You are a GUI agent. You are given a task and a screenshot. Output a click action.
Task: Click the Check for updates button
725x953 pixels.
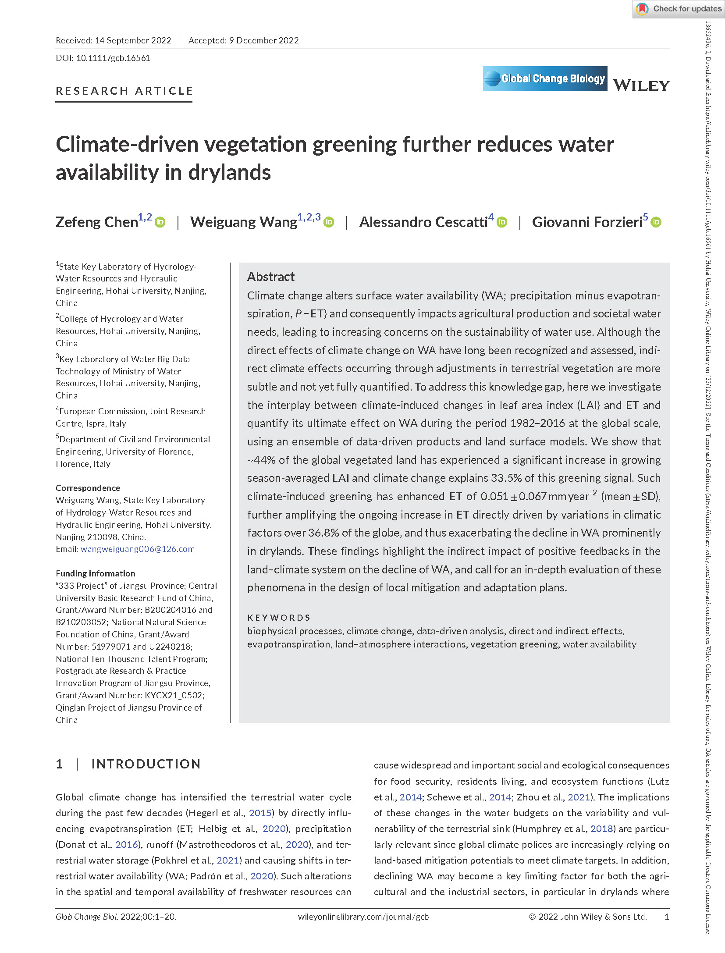(x=679, y=9)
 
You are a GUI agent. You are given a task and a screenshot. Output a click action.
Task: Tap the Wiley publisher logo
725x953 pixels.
(x=641, y=85)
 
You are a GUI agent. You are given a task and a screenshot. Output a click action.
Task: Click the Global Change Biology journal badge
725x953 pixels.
(x=545, y=78)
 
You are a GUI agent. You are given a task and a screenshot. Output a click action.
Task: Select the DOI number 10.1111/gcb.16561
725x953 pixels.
(x=113, y=58)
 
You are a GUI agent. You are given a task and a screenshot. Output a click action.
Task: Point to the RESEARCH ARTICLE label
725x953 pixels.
(x=124, y=91)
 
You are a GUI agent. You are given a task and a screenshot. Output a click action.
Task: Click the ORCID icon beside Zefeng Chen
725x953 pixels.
(x=160, y=222)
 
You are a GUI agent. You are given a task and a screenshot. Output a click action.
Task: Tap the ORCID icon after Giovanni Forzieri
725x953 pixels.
(x=656, y=222)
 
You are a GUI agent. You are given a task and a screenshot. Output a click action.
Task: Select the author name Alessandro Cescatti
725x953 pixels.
(x=423, y=222)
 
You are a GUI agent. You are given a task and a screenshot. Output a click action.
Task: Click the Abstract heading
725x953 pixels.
(x=271, y=277)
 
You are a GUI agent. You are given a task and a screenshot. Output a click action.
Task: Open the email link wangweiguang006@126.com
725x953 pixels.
(x=138, y=549)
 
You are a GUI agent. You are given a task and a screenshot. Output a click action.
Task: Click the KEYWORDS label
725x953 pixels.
(x=279, y=618)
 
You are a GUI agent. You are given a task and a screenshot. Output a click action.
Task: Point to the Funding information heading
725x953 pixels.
(x=96, y=573)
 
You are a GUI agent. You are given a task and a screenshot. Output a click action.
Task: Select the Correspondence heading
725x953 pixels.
(x=88, y=488)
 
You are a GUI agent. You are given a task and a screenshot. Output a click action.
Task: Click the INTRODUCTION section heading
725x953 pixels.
(x=146, y=764)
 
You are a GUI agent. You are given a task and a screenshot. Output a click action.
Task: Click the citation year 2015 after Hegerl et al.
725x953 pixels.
(x=260, y=813)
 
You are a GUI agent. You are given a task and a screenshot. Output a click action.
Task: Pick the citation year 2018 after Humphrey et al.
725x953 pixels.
(x=601, y=829)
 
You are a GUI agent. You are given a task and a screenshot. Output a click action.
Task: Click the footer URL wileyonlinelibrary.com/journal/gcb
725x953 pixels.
(x=363, y=917)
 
